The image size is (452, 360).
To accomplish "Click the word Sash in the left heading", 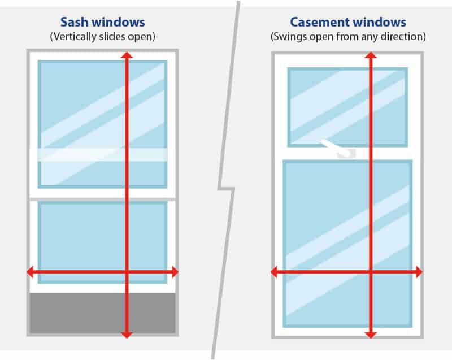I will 74,23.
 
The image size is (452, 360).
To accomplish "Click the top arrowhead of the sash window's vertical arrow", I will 127,55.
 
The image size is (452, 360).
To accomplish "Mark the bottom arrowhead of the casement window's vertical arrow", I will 370,334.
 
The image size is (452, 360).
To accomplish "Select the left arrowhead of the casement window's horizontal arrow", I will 275,272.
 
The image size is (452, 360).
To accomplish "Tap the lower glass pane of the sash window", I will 79,237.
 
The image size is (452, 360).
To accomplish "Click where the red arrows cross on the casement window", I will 370,272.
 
